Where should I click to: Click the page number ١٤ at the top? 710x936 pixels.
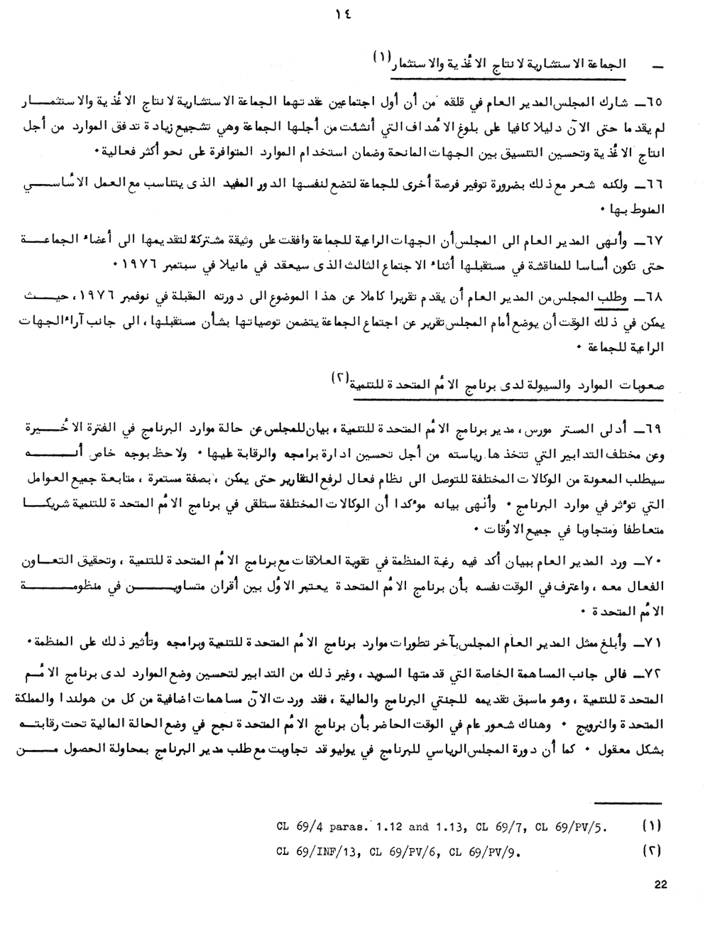tap(348, 13)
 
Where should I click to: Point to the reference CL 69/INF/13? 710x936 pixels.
tap(315, 849)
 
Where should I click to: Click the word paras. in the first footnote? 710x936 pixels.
tap(350, 827)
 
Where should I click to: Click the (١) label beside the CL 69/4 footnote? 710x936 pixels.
tap(652, 826)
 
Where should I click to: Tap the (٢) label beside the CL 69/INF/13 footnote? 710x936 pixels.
tap(652, 849)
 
